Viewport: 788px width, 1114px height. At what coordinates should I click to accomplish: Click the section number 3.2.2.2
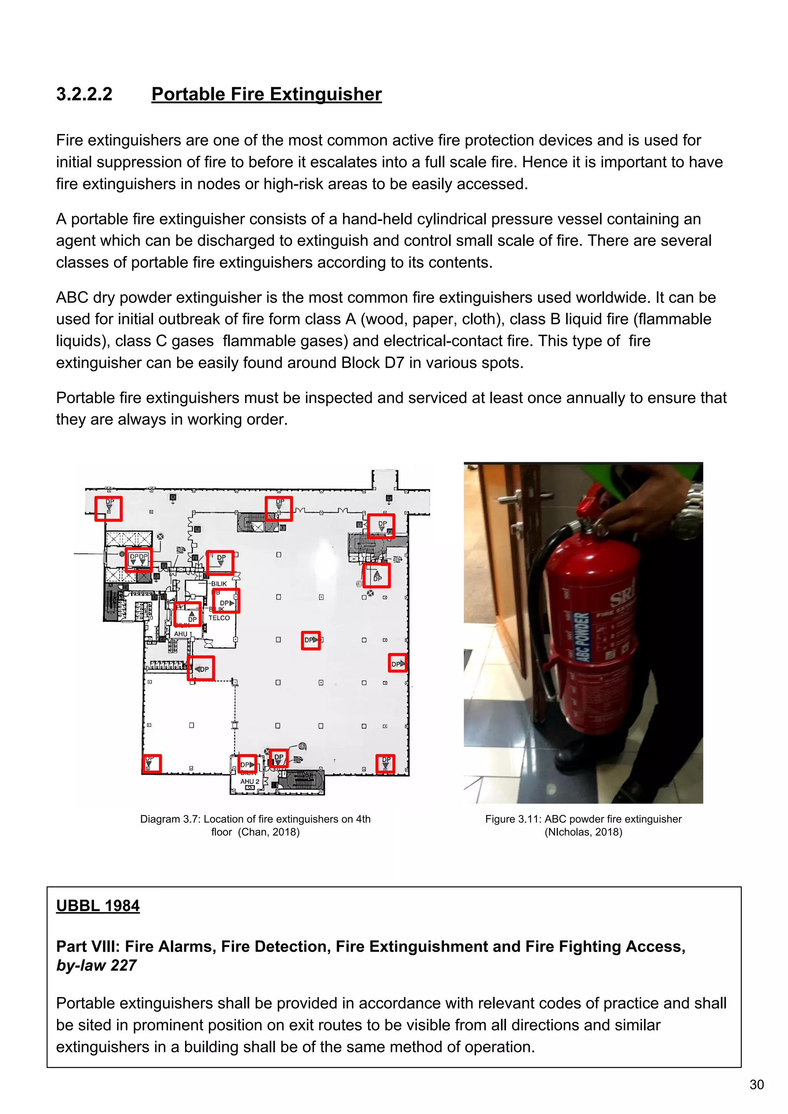click(84, 94)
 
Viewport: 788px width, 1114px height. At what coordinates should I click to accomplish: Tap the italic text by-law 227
click(96, 965)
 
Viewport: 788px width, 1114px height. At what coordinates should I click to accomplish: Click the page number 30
click(756, 1085)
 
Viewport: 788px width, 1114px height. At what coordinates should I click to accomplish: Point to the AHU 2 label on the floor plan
click(249, 781)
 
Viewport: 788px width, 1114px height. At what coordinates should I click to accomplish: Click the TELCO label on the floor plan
click(219, 618)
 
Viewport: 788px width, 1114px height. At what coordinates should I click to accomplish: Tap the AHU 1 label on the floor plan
click(183, 634)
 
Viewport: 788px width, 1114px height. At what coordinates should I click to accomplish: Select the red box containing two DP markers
click(139, 560)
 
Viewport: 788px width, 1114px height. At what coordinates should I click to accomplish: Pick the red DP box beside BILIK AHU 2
click(247, 764)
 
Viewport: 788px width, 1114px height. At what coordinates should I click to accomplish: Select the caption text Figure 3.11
click(513, 819)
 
